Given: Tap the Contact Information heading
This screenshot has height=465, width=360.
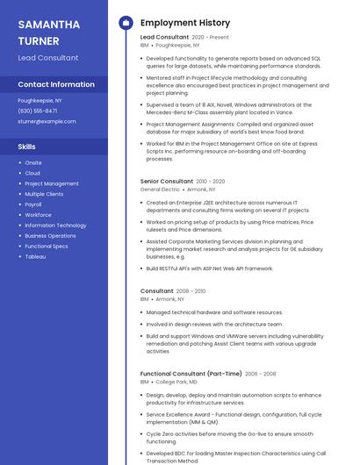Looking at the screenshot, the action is [x=56, y=85].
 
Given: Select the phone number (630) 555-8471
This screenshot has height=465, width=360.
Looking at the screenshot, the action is [x=38, y=111].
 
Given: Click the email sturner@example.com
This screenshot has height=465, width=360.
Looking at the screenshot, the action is [x=47, y=121].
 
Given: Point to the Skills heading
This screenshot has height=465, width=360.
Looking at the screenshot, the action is [x=27, y=147].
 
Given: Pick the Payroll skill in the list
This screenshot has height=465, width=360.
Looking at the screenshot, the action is [x=33, y=204].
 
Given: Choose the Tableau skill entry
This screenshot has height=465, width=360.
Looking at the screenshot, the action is [x=35, y=257].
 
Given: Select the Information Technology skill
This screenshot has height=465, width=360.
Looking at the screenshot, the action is [x=55, y=225].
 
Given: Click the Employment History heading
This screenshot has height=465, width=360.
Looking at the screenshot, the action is [x=185, y=23].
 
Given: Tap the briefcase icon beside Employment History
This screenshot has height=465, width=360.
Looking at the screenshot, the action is [x=126, y=23].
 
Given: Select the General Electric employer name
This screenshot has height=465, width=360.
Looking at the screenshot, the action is [x=160, y=190].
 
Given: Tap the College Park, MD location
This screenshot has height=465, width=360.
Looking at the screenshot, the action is [x=176, y=383].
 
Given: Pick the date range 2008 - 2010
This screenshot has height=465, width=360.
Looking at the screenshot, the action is [x=191, y=291].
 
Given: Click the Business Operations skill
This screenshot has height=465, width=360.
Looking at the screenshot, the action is [x=50, y=236].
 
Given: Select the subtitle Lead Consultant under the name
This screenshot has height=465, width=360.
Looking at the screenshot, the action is [x=48, y=58].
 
